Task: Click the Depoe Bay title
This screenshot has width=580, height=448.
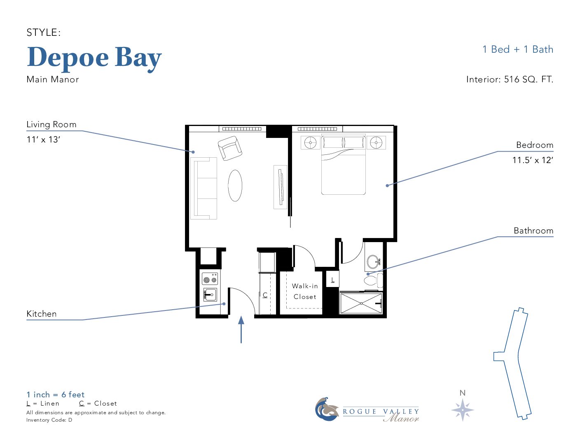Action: [94, 58]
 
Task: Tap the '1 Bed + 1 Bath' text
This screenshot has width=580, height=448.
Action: [517, 49]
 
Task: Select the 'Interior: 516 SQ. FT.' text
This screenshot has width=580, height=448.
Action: [510, 79]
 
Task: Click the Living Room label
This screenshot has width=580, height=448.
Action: [51, 125]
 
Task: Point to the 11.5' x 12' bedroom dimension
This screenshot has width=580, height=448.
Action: [533, 160]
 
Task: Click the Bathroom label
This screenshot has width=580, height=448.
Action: [533, 231]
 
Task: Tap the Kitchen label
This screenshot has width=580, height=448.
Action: [41, 314]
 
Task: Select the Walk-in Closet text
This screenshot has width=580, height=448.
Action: [304, 292]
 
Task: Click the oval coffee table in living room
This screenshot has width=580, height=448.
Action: [235, 185]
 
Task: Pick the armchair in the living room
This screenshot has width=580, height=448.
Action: [230, 148]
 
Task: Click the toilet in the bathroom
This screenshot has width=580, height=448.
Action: [373, 280]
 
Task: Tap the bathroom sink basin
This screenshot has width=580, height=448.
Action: [373, 262]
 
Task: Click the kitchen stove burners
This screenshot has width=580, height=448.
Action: [210, 279]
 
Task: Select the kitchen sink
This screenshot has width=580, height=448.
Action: [210, 294]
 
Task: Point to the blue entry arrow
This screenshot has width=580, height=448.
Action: [241, 329]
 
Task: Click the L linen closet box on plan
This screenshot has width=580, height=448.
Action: [332, 279]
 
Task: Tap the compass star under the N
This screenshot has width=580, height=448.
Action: [463, 410]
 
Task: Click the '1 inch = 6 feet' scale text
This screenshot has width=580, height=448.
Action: [55, 394]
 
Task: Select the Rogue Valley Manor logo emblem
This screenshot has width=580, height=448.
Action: [327, 409]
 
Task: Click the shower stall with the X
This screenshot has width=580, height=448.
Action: [361, 303]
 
